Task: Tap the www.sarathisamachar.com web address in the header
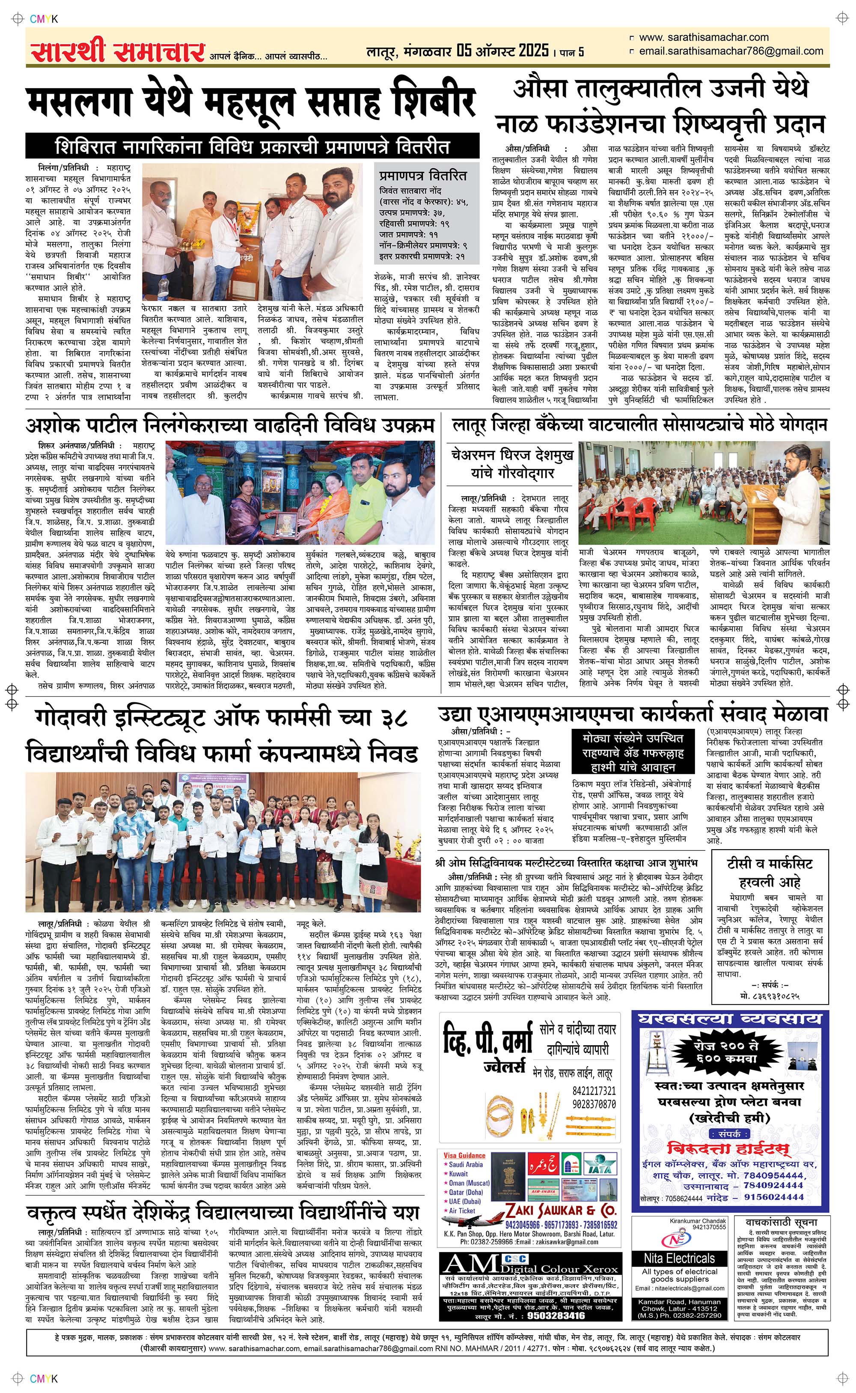click(704, 37)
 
